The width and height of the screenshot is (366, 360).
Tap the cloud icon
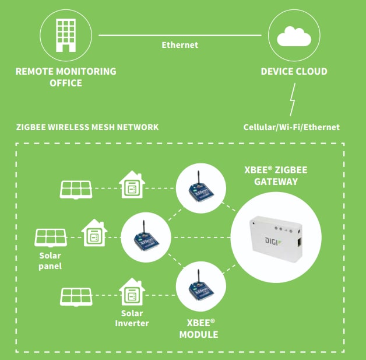[294, 37]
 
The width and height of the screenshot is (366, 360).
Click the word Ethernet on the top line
[180, 45]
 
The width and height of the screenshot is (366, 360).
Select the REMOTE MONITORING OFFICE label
[65, 77]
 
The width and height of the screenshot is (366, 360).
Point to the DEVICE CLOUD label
[294, 72]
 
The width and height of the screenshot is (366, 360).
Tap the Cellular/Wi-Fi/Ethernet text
[291, 127]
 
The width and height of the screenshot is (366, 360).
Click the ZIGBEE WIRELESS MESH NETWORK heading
[87, 127]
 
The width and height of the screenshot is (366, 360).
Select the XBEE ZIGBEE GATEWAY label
[276, 176]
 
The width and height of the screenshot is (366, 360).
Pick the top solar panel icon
[76, 188]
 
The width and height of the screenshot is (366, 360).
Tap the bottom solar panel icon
[76, 296]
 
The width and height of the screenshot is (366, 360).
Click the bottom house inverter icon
[132, 293]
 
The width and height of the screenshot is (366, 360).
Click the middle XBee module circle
[147, 236]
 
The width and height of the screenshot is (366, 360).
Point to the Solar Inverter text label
[132, 319]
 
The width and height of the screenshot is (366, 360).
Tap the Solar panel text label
[50, 261]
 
